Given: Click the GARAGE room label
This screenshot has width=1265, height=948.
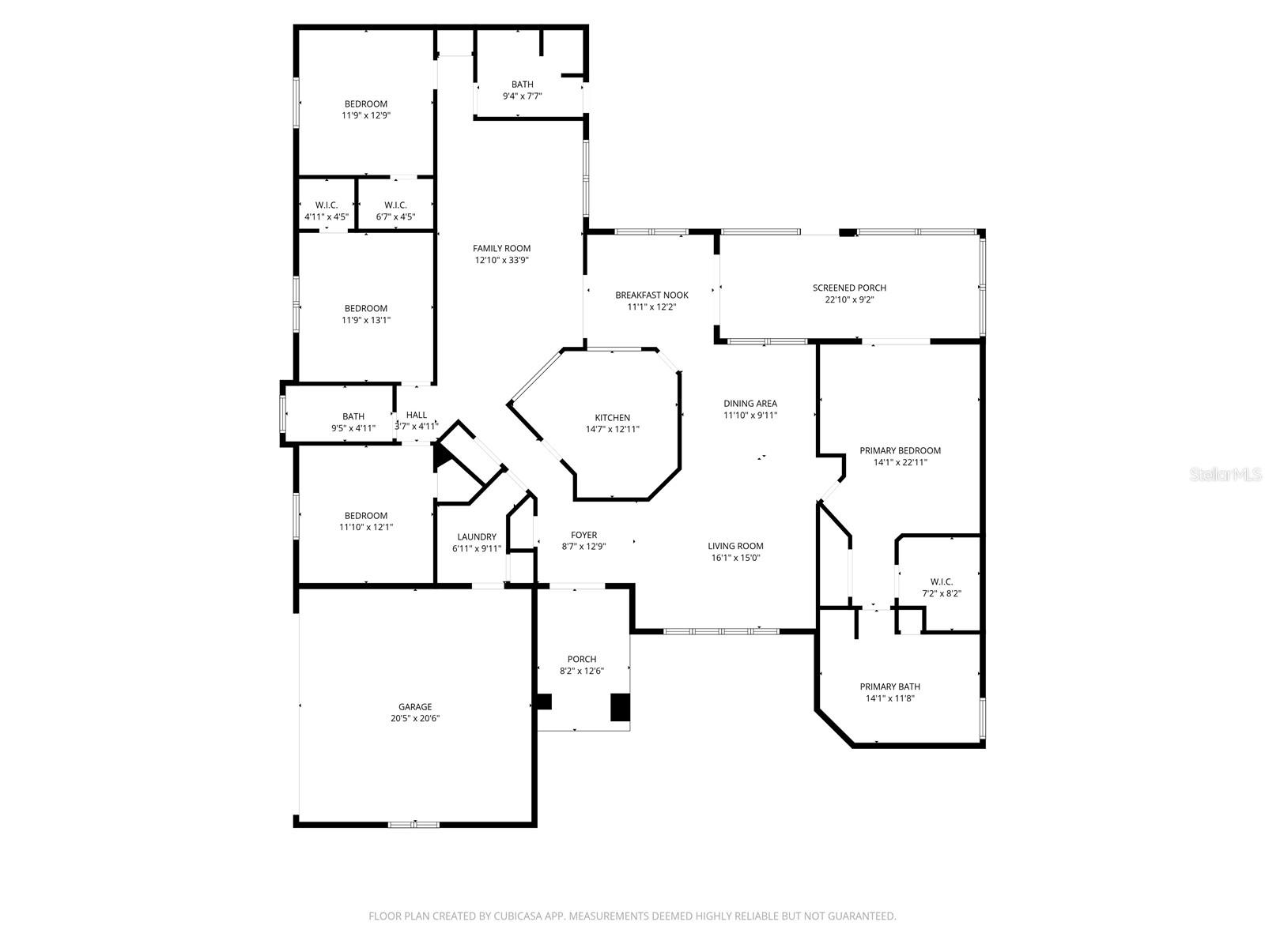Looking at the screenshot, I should [x=414, y=707].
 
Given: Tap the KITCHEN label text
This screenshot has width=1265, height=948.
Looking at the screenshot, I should [x=613, y=418].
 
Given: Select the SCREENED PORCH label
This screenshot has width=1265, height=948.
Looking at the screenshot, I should [x=849, y=288].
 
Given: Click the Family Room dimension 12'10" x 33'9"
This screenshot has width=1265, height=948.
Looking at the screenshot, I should [x=502, y=260].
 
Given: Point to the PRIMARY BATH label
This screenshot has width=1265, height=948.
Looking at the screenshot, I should [x=889, y=687].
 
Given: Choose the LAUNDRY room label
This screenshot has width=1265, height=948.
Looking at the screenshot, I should [x=477, y=536].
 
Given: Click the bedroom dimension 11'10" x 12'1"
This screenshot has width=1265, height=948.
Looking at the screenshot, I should [x=366, y=527].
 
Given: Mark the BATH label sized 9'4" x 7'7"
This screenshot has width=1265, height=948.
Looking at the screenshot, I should [x=522, y=85].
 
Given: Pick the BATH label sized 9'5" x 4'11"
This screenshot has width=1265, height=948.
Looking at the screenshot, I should [x=353, y=416].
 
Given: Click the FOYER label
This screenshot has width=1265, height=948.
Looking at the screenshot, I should [x=583, y=535].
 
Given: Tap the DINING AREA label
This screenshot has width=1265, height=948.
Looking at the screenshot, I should [x=750, y=403].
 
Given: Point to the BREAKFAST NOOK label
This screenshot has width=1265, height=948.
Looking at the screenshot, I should [x=651, y=295].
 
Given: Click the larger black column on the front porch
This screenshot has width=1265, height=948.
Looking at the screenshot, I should [x=620, y=707].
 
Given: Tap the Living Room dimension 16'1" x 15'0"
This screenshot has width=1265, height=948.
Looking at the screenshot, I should [x=735, y=558].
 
